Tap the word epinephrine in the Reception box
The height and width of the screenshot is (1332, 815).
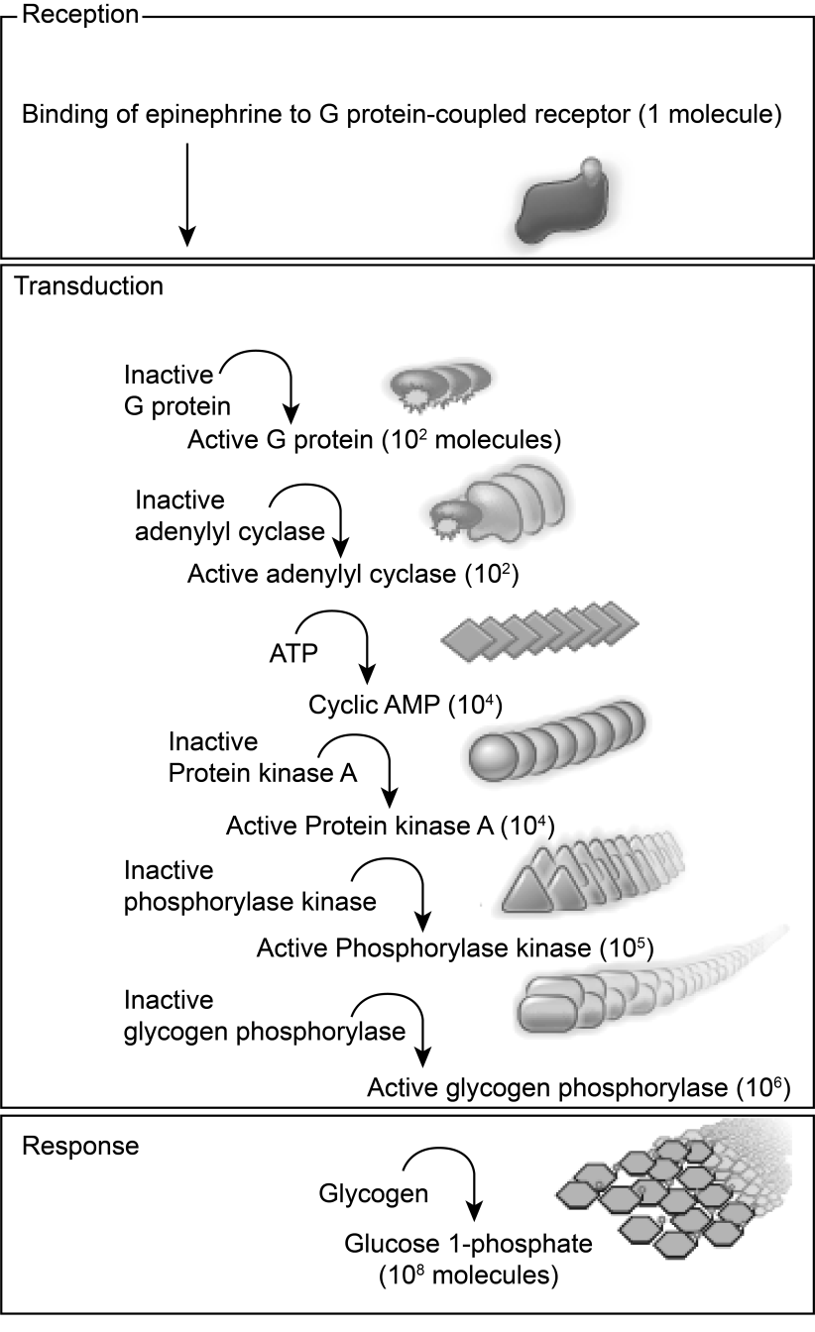click(239, 117)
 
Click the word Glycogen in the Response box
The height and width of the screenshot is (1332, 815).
click(373, 1194)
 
